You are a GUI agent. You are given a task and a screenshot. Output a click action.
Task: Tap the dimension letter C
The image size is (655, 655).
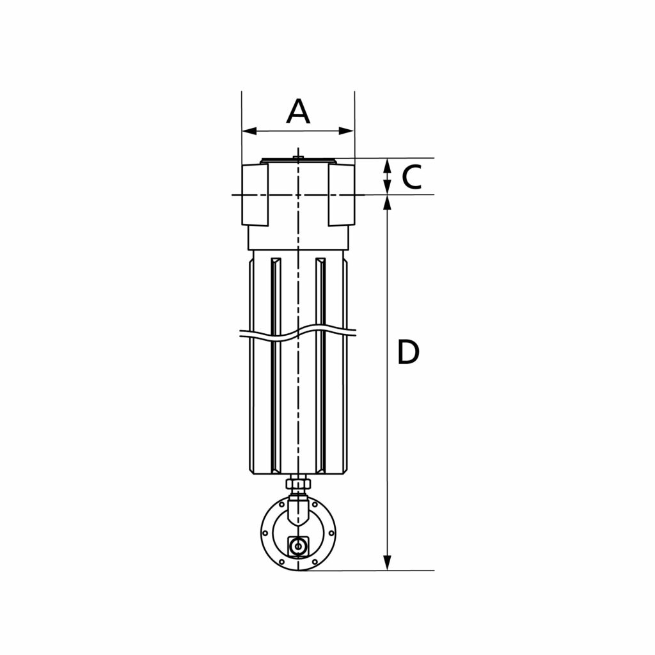click(x=412, y=177)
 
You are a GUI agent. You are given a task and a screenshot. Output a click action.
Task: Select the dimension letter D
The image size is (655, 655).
click(x=408, y=352)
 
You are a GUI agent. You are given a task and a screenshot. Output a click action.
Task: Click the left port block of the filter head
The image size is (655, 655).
click(x=255, y=194)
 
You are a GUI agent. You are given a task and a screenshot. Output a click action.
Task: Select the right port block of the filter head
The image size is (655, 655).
click(x=341, y=194)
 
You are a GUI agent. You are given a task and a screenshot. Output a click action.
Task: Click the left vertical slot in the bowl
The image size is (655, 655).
click(x=276, y=365)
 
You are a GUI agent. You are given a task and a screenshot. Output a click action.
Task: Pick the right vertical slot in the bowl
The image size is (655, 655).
click(x=321, y=365)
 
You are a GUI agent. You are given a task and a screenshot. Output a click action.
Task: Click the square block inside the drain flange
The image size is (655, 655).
click(x=297, y=546)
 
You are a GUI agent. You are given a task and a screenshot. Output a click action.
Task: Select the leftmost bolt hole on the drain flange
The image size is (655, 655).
click(x=265, y=530)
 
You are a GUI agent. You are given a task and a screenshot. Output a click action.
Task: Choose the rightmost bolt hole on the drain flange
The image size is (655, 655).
click(x=331, y=530)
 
